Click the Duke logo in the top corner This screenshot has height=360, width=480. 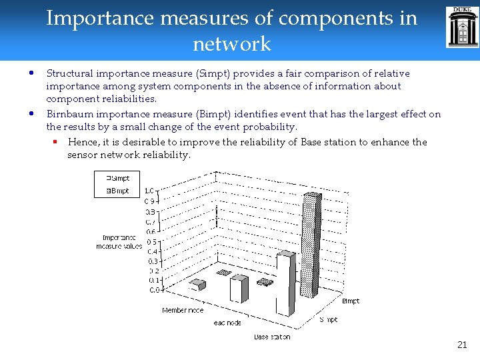pyautogui.click(x=463, y=27)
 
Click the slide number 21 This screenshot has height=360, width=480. pyautogui.click(x=462, y=345)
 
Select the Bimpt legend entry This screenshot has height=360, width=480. pyautogui.click(x=118, y=191)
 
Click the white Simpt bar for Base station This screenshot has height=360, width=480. pyautogui.click(x=285, y=283)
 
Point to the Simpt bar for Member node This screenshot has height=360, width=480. pyautogui.click(x=197, y=285)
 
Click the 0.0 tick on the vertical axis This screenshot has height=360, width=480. pyautogui.click(x=153, y=290)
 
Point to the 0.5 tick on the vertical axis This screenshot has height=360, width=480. pyautogui.click(x=153, y=241)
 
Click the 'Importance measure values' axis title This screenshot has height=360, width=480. pyautogui.click(x=120, y=241)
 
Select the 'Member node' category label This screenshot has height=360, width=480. pyautogui.click(x=183, y=310)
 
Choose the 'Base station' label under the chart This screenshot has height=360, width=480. pyautogui.click(x=271, y=337)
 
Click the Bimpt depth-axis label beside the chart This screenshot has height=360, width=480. pyautogui.click(x=351, y=301)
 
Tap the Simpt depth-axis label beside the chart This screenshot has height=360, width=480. pyautogui.click(x=328, y=319)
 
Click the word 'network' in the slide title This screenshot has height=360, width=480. pyautogui.click(x=231, y=44)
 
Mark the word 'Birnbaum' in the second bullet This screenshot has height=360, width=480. pyautogui.click(x=69, y=114)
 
